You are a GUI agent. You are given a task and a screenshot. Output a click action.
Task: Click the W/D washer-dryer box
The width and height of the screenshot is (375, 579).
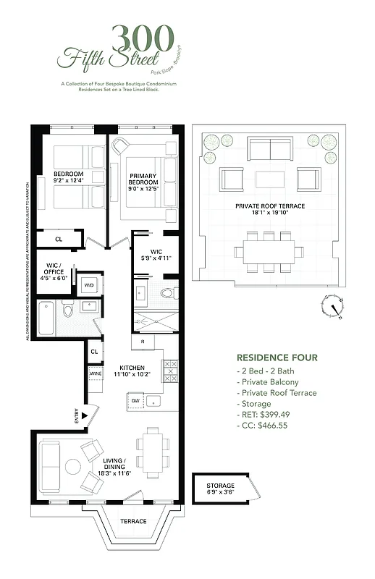pyautogui.click(x=89, y=285)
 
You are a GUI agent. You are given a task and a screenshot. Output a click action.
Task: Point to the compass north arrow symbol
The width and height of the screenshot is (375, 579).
pyautogui.click(x=334, y=309)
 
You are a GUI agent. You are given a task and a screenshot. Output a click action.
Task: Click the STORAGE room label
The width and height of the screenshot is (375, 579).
pyautogui.click(x=220, y=486)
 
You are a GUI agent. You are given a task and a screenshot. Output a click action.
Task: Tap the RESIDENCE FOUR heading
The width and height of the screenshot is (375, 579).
pyautogui.click(x=277, y=358)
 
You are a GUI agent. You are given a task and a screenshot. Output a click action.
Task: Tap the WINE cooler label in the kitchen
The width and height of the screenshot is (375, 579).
pyautogui.click(x=96, y=373)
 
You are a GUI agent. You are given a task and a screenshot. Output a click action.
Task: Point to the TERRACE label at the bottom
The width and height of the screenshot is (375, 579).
pyautogui.click(x=133, y=521)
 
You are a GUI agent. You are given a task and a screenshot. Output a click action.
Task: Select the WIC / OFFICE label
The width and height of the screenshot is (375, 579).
pyautogui.click(x=54, y=271)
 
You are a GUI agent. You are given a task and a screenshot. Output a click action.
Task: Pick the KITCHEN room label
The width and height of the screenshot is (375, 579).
pyautogui.click(x=132, y=367)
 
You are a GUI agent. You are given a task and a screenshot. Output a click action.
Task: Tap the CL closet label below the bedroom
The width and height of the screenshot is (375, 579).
pyautogui.click(x=59, y=239)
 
